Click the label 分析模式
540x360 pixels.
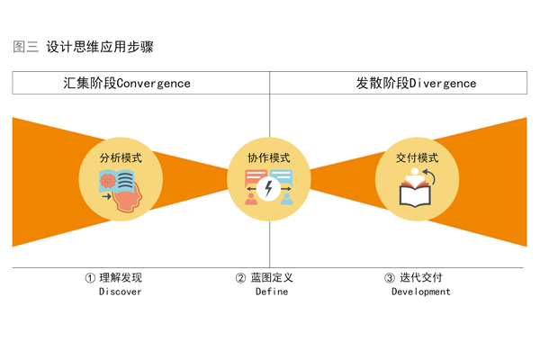pos(120,157)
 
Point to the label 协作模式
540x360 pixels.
pos(269,158)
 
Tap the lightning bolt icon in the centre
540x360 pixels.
pos(269,188)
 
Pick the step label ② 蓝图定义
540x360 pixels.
pos(265,278)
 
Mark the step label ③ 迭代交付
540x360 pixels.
pos(414,278)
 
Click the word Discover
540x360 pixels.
pos(121,292)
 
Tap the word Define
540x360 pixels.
pos(271,292)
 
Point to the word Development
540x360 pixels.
pos(420,292)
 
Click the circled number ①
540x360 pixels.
pos(90,278)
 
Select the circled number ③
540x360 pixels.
pos(390,278)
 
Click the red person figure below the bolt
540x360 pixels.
pos(251,198)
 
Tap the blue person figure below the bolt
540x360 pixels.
pos(287,198)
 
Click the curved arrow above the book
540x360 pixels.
pos(429,177)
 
